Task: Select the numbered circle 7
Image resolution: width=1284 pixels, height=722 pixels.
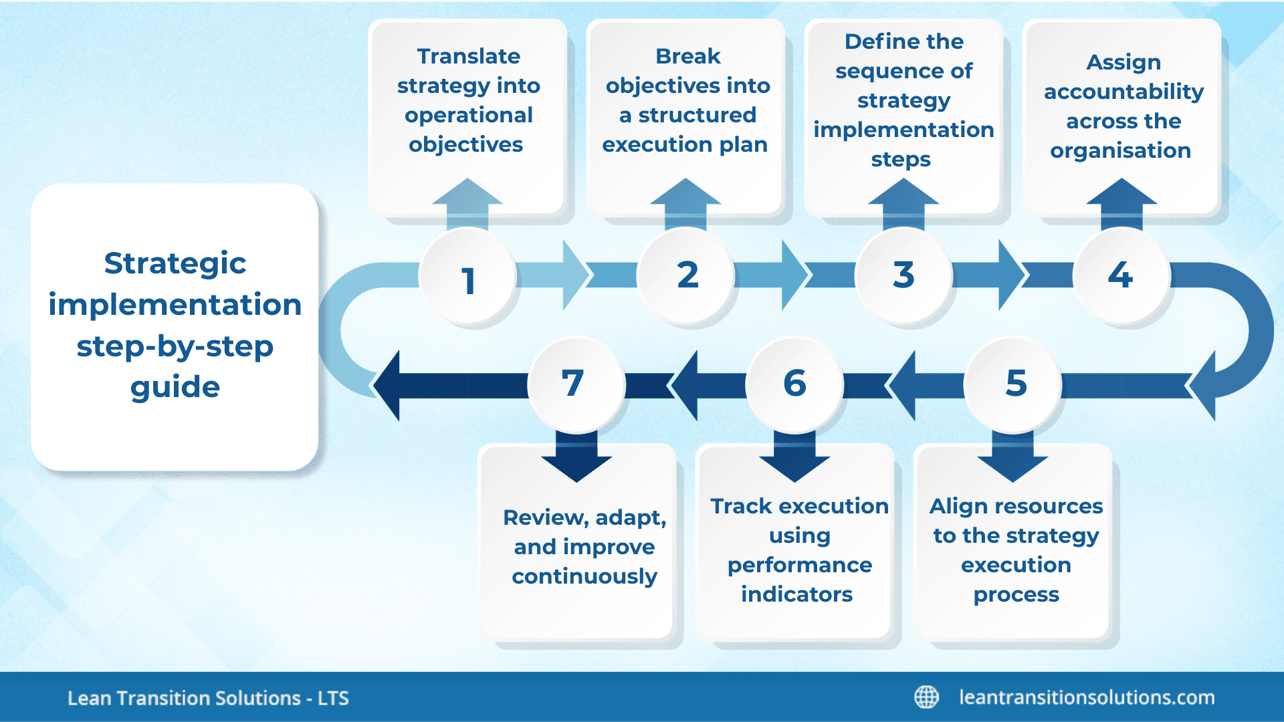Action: pos(574,384)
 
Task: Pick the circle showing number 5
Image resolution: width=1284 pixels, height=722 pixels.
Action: pos(1015,384)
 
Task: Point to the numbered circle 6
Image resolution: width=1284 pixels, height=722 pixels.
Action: pos(794,384)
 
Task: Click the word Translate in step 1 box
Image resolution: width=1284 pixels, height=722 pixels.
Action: pos(468,56)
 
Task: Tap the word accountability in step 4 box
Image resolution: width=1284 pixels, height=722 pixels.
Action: pos(1123,92)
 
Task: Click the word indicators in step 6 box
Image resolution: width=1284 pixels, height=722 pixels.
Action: pos(796,594)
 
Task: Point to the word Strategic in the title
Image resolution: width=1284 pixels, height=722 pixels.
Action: pos(175,263)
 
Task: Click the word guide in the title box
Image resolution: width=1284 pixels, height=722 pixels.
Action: pos(175,387)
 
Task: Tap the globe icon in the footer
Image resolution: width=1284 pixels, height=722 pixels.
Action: pos(926,697)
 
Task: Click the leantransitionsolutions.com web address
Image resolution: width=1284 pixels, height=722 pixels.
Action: pos(1087,697)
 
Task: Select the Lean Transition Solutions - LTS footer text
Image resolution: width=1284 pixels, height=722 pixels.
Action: pos(208,698)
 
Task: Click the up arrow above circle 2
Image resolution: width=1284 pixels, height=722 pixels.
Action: pos(685,201)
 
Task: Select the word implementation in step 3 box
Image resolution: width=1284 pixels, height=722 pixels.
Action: pos(903,130)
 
